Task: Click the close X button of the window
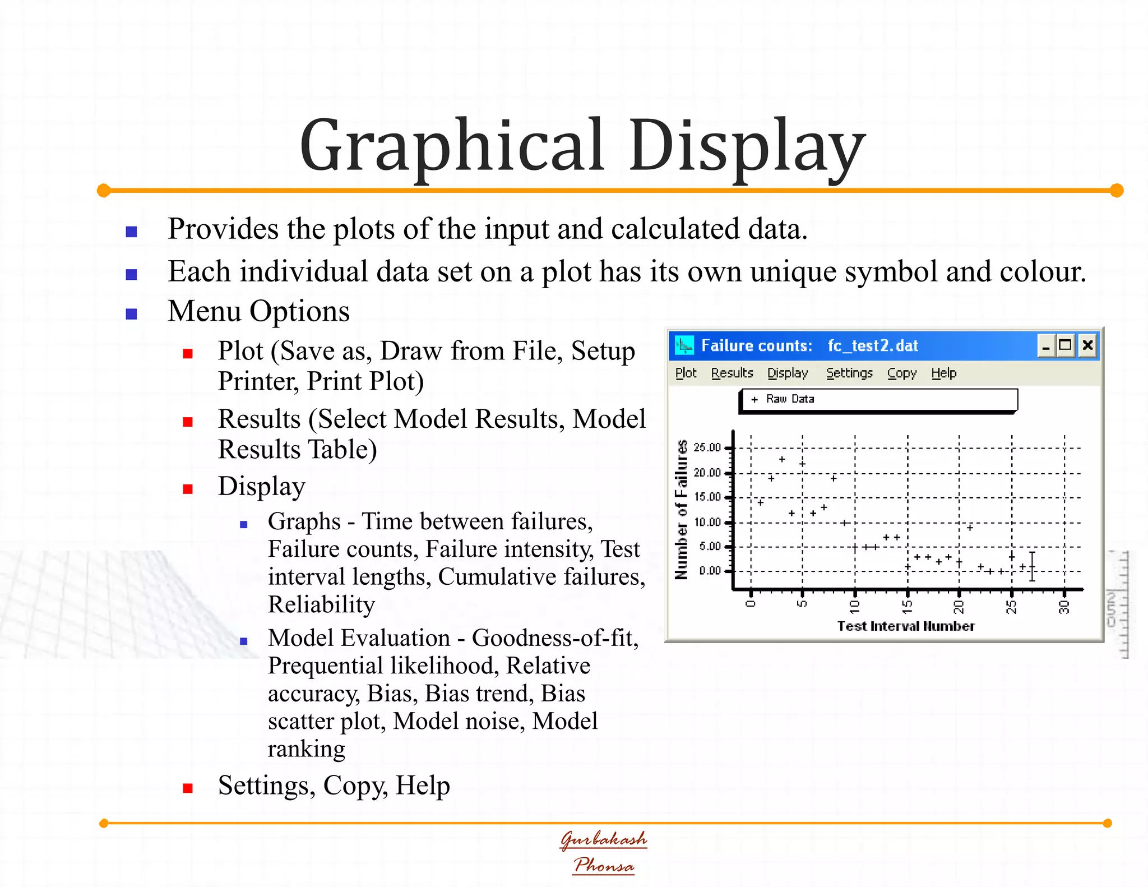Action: pyautogui.click(x=1087, y=345)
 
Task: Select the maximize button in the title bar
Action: pyautogui.click(x=1065, y=345)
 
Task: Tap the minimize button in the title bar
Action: pyautogui.click(x=1045, y=346)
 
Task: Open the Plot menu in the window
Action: pyautogui.click(x=686, y=373)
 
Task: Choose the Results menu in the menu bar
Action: pyautogui.click(x=732, y=373)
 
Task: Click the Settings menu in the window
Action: pyautogui.click(x=849, y=373)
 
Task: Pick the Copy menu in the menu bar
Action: pyautogui.click(x=901, y=373)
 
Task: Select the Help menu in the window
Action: pyautogui.click(x=944, y=373)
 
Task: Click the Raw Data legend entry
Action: pyautogui.click(x=790, y=399)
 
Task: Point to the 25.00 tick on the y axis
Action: pyautogui.click(x=707, y=447)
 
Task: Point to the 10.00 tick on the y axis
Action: pyautogui.click(x=707, y=522)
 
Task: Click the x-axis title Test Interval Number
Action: pyautogui.click(x=906, y=626)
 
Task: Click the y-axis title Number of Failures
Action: pyautogui.click(x=681, y=510)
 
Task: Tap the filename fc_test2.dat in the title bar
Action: pyautogui.click(x=873, y=345)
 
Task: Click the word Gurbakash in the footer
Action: pyautogui.click(x=604, y=839)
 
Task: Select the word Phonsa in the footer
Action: pyautogui.click(x=604, y=865)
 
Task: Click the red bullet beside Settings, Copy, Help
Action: pyautogui.click(x=188, y=788)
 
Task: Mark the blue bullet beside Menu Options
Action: pyautogui.click(x=132, y=314)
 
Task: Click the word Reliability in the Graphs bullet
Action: pyautogui.click(x=321, y=604)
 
